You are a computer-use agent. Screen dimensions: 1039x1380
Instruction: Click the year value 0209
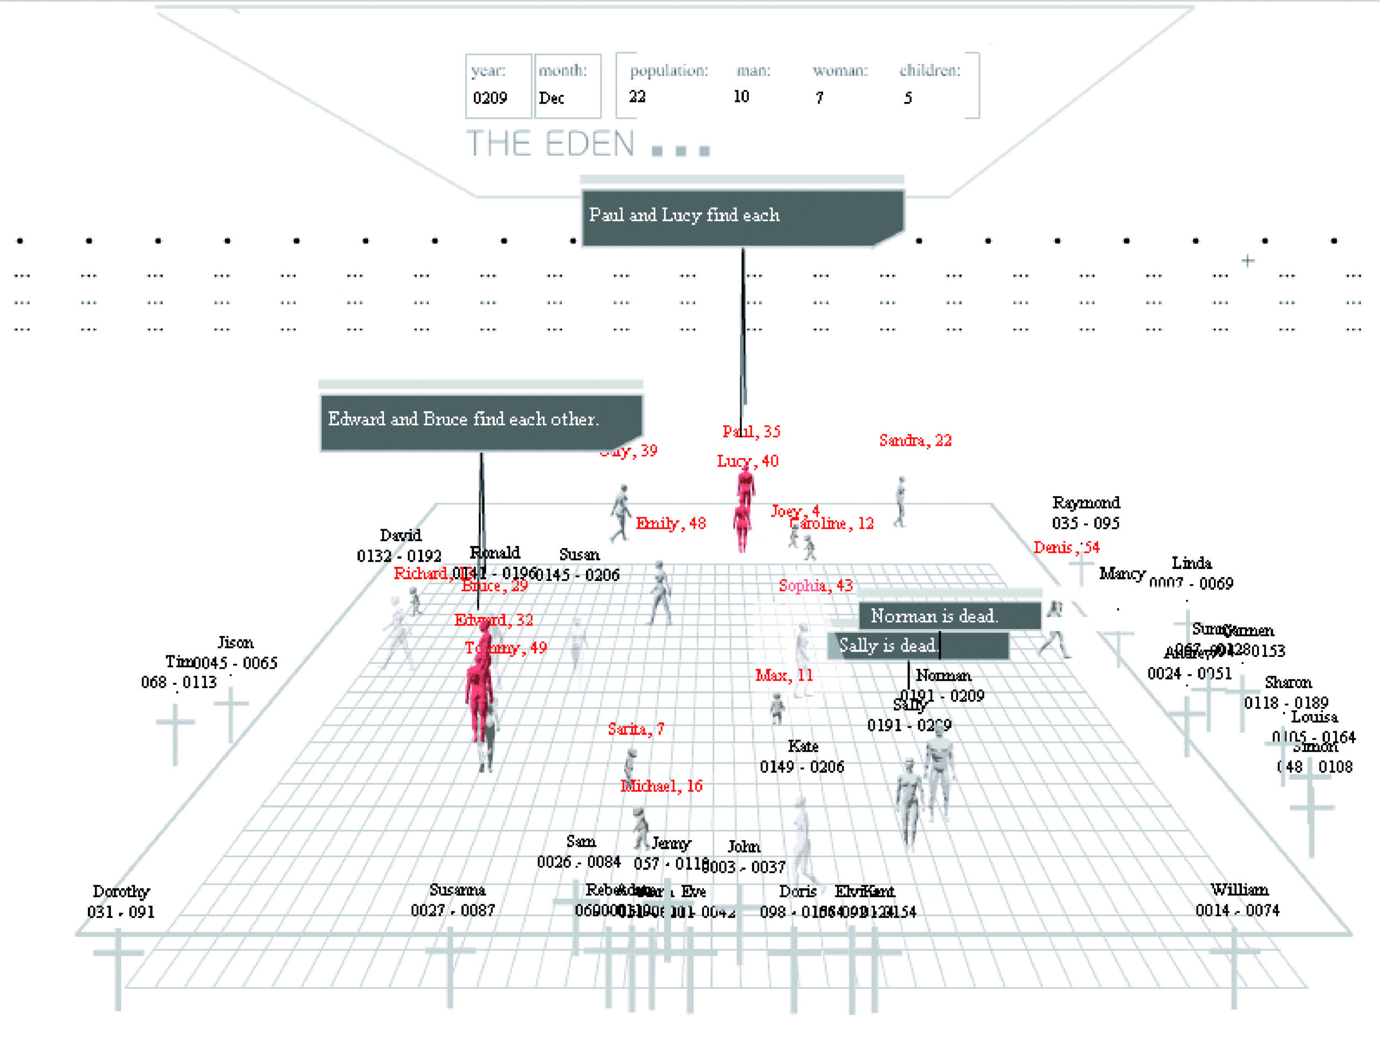tap(489, 98)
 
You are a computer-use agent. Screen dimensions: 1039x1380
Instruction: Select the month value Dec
tap(551, 98)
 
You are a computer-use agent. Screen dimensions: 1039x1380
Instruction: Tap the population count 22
tap(637, 96)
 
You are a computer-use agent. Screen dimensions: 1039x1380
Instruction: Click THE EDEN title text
tap(550, 144)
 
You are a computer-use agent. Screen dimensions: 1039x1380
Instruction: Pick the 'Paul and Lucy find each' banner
tap(742, 217)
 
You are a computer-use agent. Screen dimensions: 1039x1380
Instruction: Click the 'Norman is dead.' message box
tap(948, 616)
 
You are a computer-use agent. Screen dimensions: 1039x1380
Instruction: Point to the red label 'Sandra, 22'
tap(915, 440)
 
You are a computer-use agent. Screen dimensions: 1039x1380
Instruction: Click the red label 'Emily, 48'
tap(671, 523)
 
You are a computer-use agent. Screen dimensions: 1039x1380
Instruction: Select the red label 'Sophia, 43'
tap(816, 586)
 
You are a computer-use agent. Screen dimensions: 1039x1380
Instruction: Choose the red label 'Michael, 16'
tap(661, 786)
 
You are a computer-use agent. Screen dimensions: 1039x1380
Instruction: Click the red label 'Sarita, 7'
tap(636, 729)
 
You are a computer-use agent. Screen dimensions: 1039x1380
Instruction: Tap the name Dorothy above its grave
tap(121, 892)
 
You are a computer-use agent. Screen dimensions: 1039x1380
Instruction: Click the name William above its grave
tap(1239, 890)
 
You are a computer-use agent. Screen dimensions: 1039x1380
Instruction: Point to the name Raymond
tap(1086, 503)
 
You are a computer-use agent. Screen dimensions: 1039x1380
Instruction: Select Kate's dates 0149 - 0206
tap(802, 766)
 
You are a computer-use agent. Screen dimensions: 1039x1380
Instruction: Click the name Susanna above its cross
tap(457, 890)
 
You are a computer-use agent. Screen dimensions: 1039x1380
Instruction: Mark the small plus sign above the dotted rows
tap(1247, 261)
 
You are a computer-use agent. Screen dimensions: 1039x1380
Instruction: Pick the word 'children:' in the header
tap(929, 71)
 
